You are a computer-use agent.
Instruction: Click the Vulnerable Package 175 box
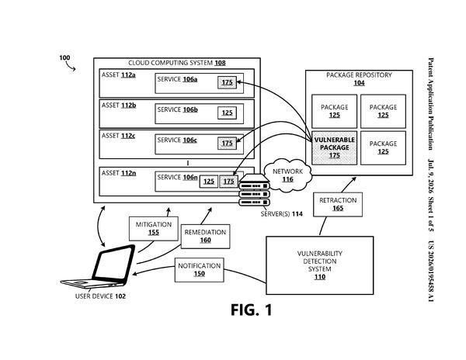point(334,147)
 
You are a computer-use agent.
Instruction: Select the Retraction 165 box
point(338,204)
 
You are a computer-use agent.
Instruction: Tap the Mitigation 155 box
point(154,229)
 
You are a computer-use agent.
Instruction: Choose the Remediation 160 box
point(205,236)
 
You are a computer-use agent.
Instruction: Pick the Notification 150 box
point(199,270)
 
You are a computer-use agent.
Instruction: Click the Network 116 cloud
point(287,175)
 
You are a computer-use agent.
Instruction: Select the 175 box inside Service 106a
point(227,82)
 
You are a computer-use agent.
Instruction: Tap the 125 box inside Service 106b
point(227,112)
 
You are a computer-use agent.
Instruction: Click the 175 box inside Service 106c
point(227,143)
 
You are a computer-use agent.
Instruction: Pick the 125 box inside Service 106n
point(209,182)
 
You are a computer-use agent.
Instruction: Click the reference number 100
point(64,57)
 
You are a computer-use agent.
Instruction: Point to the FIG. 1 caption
point(252,310)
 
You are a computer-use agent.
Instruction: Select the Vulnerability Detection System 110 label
point(320,265)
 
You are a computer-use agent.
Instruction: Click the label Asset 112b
point(119,106)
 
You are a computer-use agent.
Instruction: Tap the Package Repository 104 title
point(359,79)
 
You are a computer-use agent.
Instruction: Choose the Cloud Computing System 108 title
point(177,63)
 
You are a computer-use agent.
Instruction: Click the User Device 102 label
point(100,296)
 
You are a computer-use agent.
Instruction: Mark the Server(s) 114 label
point(281,214)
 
